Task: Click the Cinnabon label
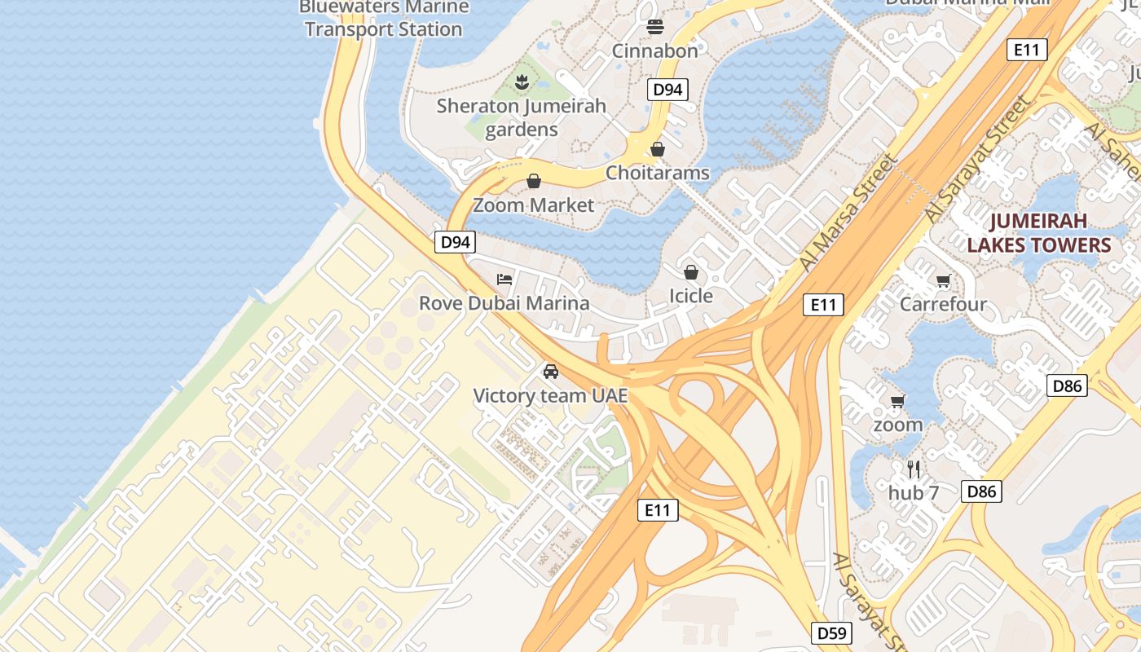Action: coord(654,51)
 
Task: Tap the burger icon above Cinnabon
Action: coord(655,27)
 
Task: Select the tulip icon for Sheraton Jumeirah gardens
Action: coord(522,81)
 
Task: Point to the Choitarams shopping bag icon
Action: coord(658,149)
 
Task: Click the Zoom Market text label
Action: coord(534,205)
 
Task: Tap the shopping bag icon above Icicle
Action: coord(691,272)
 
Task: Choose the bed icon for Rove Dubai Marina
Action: coord(504,280)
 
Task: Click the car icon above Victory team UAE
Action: coord(551,372)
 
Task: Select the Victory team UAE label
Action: coord(551,396)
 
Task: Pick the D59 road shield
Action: coord(832,632)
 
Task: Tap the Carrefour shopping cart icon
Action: coord(943,281)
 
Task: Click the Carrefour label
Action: coord(943,304)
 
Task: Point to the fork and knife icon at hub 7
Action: coord(914,469)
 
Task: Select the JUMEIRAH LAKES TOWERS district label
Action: coord(1038,233)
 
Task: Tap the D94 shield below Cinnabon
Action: coord(667,90)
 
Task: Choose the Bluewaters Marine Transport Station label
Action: coord(383,19)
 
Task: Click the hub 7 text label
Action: coord(914,493)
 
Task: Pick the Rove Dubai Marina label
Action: coord(504,303)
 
